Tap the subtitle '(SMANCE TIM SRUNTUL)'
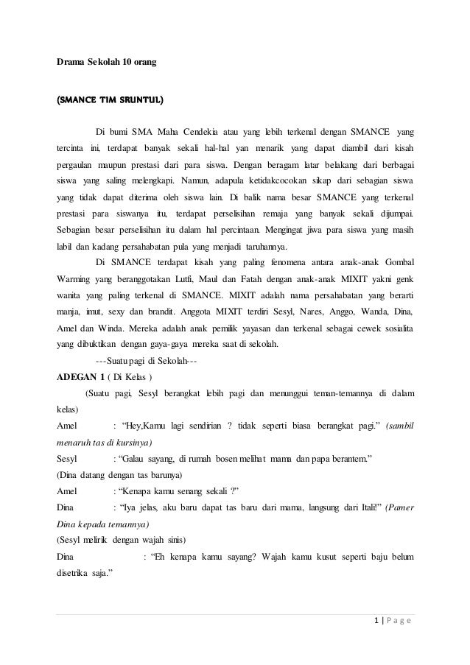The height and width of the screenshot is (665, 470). tap(111, 97)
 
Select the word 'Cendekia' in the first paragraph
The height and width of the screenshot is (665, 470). tap(220, 132)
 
